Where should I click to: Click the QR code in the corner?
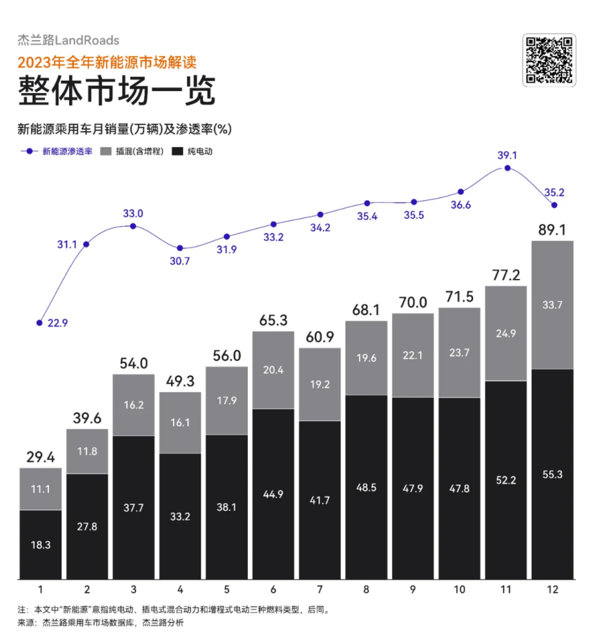click(548, 60)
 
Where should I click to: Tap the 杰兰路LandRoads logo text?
click(68, 41)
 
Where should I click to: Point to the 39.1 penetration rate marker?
click(507, 168)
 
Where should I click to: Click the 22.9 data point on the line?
click(40, 322)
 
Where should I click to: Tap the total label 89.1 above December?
click(552, 231)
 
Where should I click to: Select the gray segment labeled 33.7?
click(552, 305)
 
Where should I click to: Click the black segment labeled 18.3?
click(40, 544)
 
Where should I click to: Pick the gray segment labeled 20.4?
click(273, 369)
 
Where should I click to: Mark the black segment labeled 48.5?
click(367, 487)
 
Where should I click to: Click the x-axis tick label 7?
click(320, 589)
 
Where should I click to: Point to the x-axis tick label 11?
click(506, 589)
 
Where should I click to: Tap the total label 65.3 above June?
click(273, 321)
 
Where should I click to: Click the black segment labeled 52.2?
click(506, 480)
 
